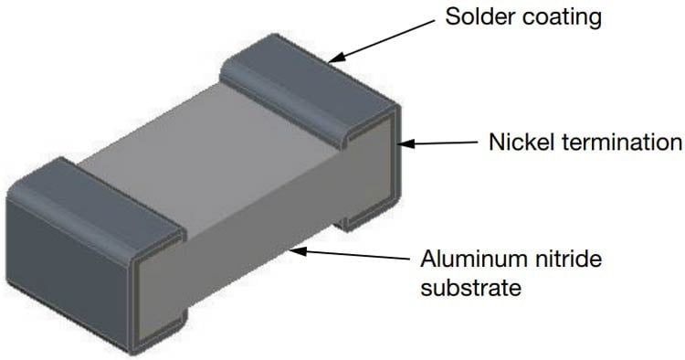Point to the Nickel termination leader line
(443, 143)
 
